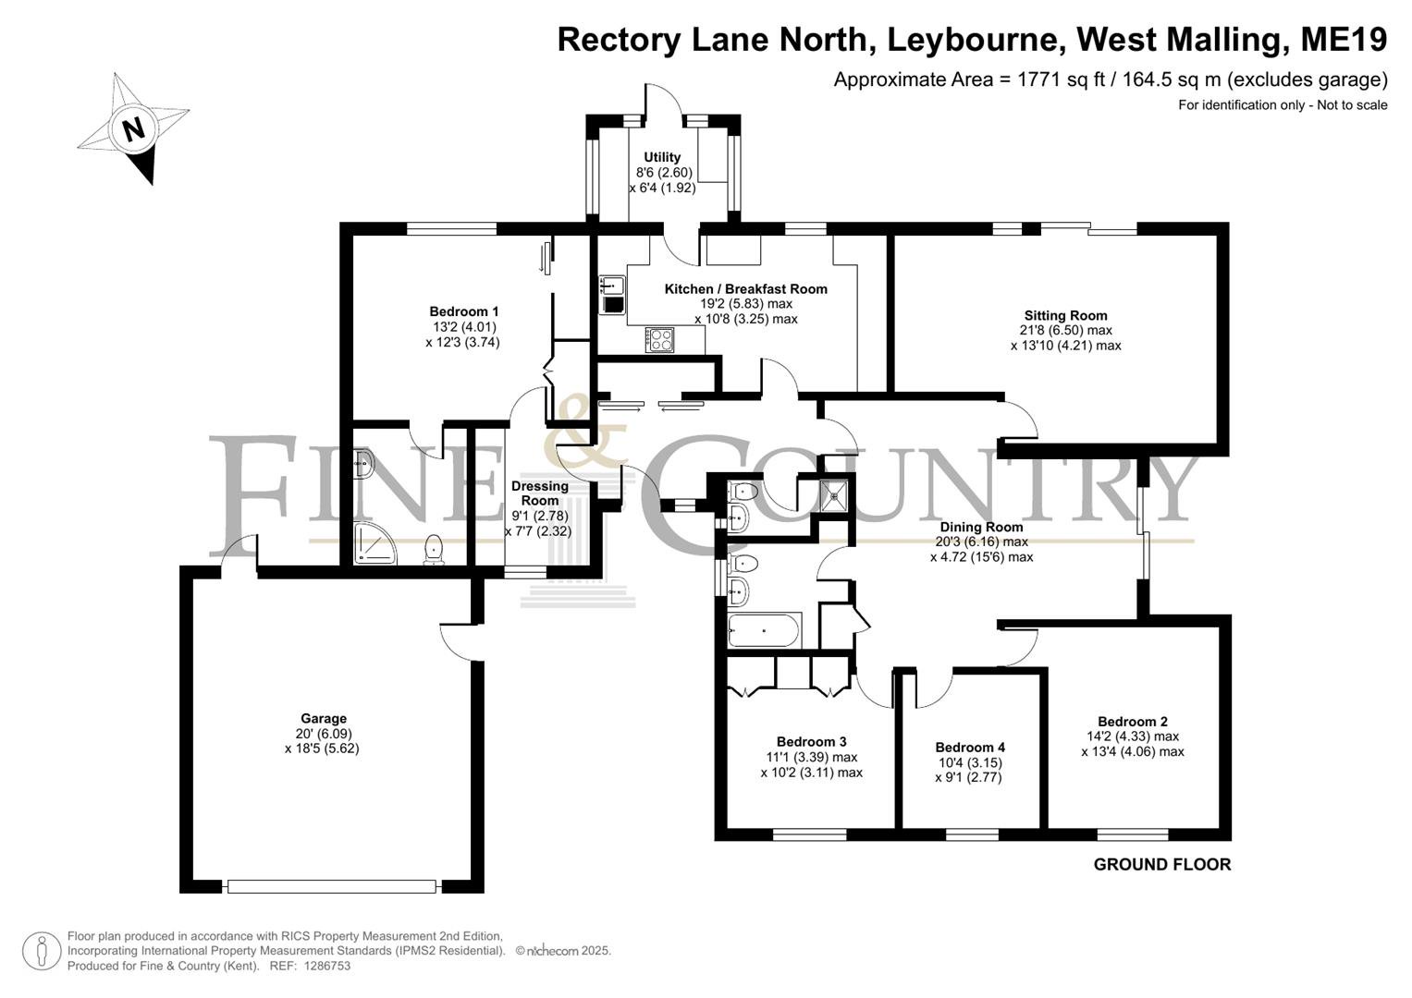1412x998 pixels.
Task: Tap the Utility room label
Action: coord(662,157)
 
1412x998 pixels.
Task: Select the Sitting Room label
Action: coord(1065,315)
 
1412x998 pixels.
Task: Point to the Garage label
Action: coord(324,718)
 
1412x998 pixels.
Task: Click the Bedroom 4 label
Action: coord(969,748)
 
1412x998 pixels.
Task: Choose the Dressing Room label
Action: coord(540,493)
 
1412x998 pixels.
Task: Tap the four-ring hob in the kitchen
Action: coord(659,340)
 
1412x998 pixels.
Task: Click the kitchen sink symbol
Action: coord(611,295)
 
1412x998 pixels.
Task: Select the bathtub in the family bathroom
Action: coord(765,629)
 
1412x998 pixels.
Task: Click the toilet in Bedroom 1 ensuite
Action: coord(434,550)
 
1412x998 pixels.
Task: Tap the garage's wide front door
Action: coord(332,886)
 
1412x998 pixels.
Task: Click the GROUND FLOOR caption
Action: coord(1161,864)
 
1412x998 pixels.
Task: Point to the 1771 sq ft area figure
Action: coord(1047,80)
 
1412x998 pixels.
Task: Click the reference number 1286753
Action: coord(326,966)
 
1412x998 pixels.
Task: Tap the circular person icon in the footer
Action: coord(42,952)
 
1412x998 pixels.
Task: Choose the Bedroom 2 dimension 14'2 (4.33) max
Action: coord(1132,736)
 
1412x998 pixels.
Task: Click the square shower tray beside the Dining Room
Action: coord(833,493)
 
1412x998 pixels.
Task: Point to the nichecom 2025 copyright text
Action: coord(563,951)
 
